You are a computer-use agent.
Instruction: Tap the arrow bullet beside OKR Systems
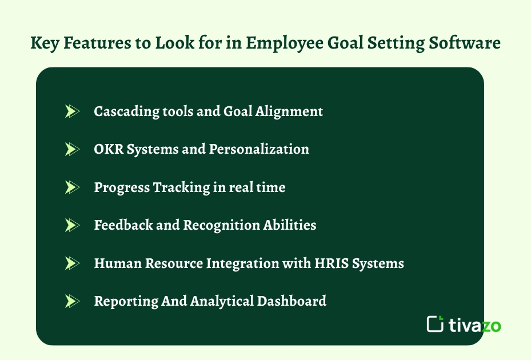71,149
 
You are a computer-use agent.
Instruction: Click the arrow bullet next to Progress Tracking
71,187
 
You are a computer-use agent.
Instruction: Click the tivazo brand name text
475,325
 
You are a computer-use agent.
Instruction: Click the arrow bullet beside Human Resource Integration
71,263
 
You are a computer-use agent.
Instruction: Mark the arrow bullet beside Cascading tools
71,111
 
